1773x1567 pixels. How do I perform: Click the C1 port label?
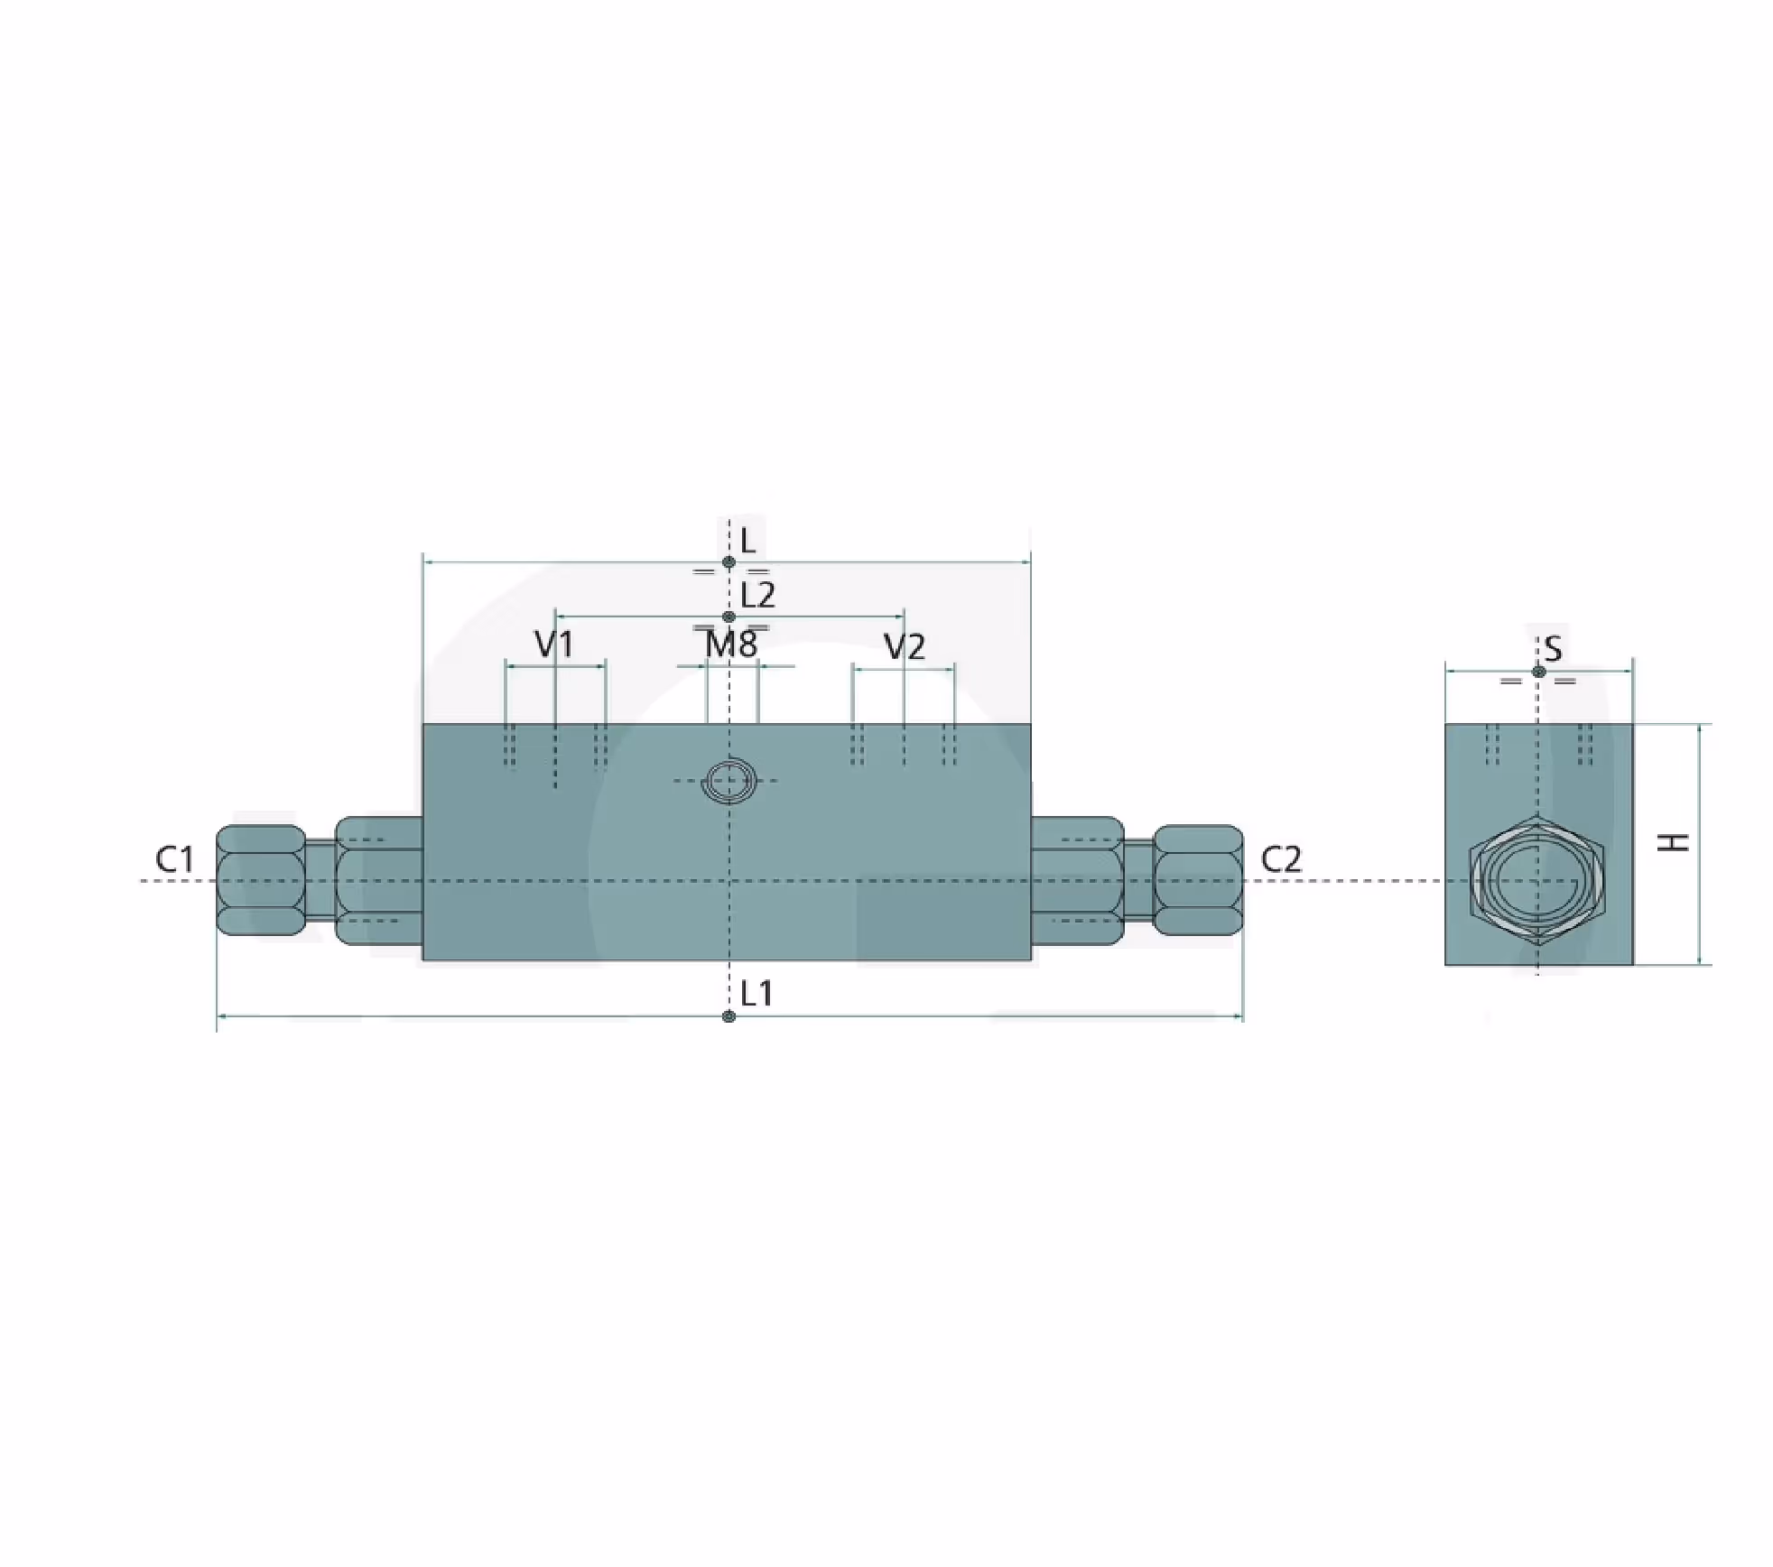point(174,858)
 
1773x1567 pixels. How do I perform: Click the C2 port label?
point(1281,859)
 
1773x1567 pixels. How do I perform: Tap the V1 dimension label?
point(553,644)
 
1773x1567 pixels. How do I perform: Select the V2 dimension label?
point(905,646)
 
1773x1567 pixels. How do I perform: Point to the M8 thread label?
point(731,644)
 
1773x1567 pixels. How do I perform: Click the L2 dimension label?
point(757,596)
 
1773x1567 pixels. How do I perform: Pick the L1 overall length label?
point(757,994)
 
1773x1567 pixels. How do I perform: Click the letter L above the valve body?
point(747,542)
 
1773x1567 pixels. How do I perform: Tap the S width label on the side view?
point(1553,648)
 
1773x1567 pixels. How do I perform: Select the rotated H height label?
point(1675,842)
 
